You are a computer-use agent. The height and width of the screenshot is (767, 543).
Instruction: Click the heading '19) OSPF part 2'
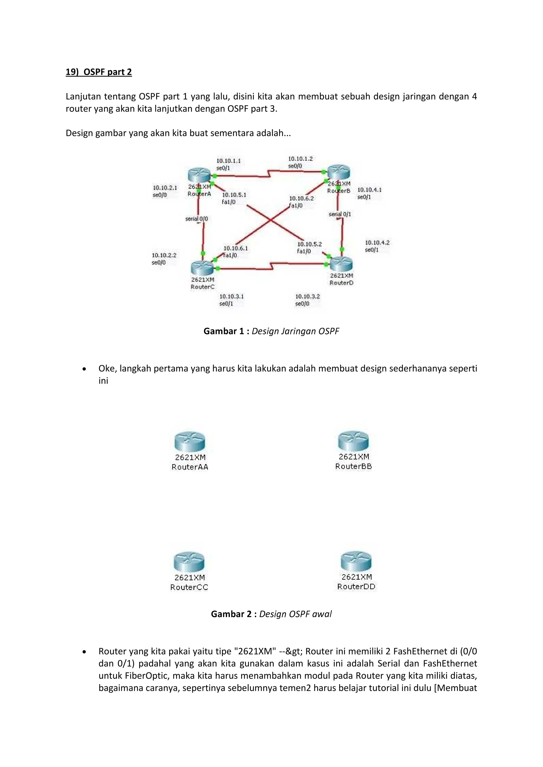pyautogui.click(x=99, y=72)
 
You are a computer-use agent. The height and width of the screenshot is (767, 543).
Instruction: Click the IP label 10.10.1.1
pyautogui.click(x=229, y=161)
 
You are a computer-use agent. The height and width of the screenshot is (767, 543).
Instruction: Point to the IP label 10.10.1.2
pyautogui.click(x=300, y=159)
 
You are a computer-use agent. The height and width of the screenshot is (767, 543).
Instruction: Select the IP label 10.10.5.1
pyautogui.click(x=234, y=195)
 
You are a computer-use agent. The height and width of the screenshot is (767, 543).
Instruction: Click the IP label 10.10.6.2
pyautogui.click(x=301, y=198)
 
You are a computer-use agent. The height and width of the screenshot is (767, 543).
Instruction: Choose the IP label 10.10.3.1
pyautogui.click(x=231, y=296)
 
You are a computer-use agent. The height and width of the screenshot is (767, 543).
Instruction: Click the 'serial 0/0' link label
pyautogui.click(x=197, y=219)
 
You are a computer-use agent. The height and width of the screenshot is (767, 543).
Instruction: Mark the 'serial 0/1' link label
pyautogui.click(x=340, y=214)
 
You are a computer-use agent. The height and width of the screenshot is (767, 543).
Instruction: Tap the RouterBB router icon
pyautogui.click(x=353, y=441)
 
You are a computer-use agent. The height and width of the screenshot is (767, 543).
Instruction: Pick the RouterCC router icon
pyautogui.click(x=189, y=562)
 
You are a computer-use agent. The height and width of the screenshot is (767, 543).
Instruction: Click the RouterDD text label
pyautogui.click(x=356, y=587)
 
